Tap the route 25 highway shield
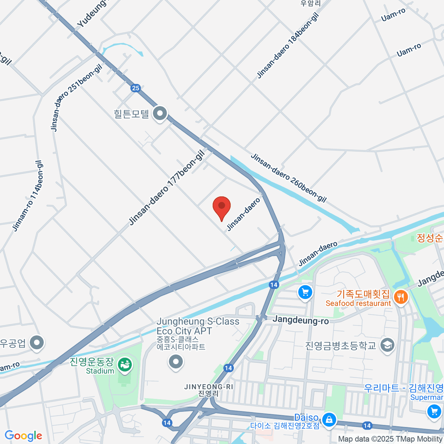(135, 88)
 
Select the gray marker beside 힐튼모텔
(160, 114)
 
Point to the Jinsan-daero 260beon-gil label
(289, 178)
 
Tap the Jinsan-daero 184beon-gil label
(287, 46)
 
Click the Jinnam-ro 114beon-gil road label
(28, 196)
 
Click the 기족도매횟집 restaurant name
(363, 294)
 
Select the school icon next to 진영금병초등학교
(387, 345)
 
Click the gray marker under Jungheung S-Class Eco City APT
(176, 361)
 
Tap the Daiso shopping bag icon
(328, 420)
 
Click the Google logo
(23, 435)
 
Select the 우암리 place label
(310, 4)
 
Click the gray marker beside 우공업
(36, 343)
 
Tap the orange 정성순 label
(430, 238)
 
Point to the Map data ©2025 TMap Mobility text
(390, 439)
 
